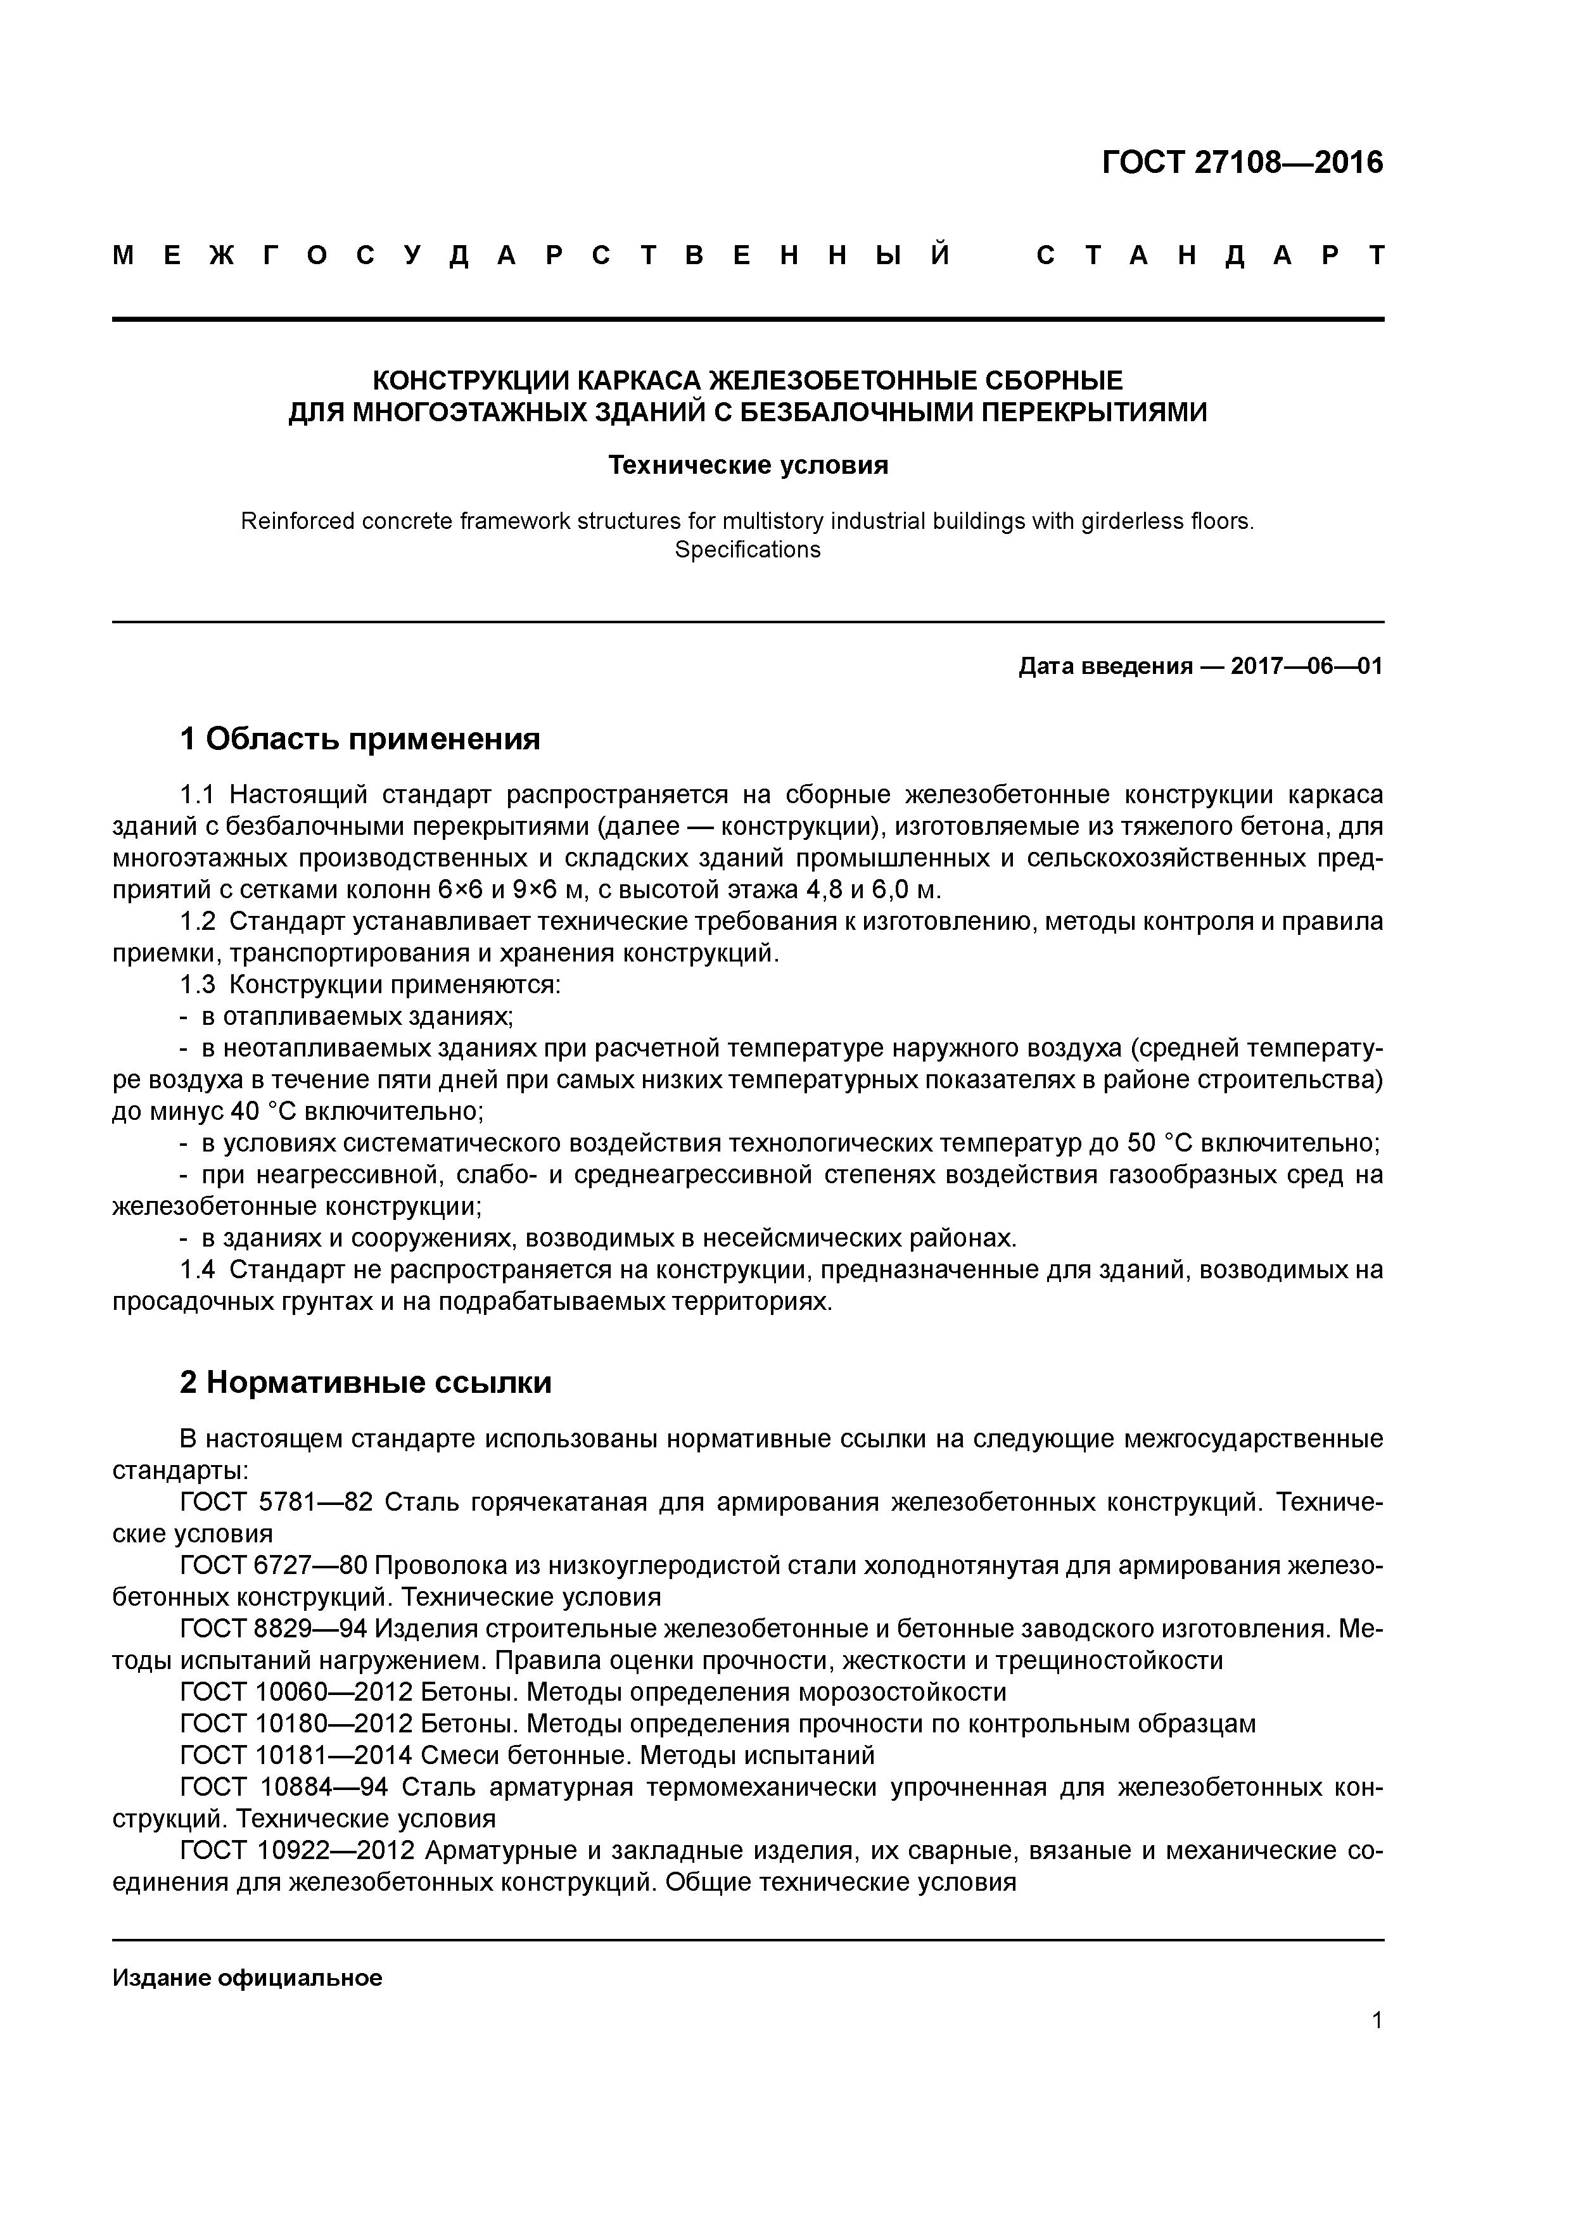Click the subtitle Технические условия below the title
[747, 466]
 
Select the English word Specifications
[747, 550]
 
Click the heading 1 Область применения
[360, 739]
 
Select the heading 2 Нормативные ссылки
[366, 1383]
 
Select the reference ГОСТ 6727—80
[273, 1565]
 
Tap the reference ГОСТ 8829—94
[273, 1628]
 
